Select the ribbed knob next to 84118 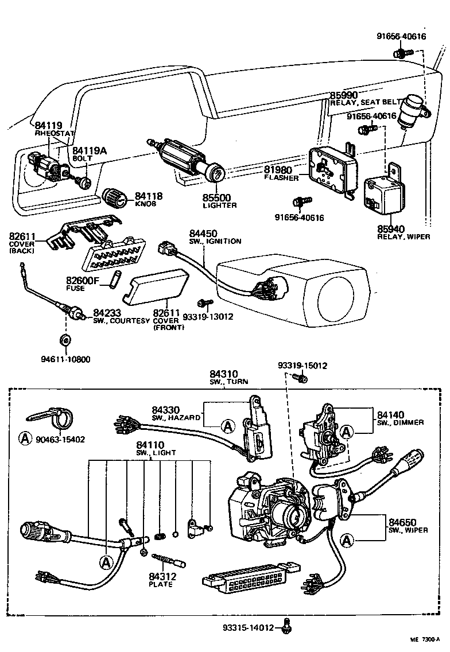click(x=117, y=198)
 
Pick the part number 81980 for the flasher click(x=278, y=170)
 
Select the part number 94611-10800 click(x=65, y=359)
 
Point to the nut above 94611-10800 click(x=65, y=340)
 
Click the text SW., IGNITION click(x=216, y=242)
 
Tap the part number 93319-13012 click(x=220, y=316)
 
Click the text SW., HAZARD click(x=176, y=418)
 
